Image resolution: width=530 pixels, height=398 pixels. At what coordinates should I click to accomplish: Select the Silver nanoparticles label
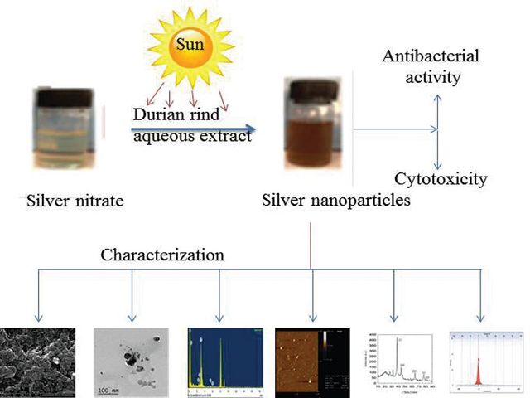coord(335,200)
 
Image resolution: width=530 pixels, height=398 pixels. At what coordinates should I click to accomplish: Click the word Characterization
coord(161,255)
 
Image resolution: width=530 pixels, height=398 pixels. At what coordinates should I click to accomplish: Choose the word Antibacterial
coord(422,56)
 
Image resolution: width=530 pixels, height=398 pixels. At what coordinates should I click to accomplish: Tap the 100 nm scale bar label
coord(108,389)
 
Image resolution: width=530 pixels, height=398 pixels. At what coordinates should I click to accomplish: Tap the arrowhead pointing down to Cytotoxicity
coord(438,165)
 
